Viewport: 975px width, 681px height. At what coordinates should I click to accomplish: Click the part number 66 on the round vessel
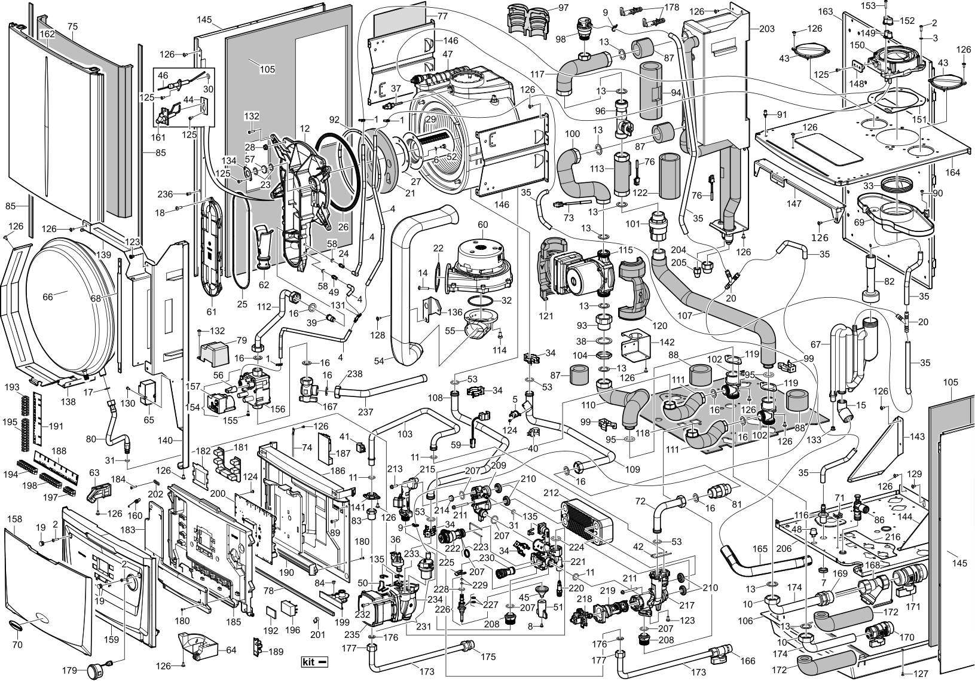coord(47,296)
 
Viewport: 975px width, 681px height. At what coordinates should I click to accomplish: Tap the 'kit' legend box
coord(314,662)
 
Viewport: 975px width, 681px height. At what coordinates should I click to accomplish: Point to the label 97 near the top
coord(563,8)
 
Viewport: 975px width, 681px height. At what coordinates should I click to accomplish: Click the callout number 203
coord(766,29)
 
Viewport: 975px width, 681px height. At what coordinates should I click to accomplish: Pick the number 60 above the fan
coord(482,224)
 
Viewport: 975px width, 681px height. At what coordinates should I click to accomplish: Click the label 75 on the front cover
coord(73,27)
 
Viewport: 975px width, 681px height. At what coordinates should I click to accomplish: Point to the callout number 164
coord(952,173)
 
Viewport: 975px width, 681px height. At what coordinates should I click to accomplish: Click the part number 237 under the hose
coord(365,412)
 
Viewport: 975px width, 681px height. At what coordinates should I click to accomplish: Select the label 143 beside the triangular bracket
coord(916,436)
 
